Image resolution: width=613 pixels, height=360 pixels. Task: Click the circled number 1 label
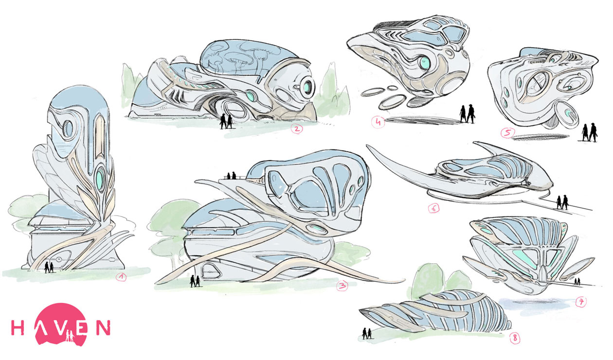(x=121, y=277)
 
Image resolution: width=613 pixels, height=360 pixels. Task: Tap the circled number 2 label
(x=297, y=128)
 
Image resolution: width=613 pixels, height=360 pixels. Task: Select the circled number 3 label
(x=343, y=286)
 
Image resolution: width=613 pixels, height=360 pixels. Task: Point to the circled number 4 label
(x=378, y=122)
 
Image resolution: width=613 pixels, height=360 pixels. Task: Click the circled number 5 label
(x=507, y=133)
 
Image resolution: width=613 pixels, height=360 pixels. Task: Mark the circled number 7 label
(x=581, y=302)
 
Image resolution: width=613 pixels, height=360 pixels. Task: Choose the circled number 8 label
(x=515, y=339)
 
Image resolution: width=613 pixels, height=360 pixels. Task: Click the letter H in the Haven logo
(x=18, y=328)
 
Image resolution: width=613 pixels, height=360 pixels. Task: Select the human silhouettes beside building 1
(x=49, y=267)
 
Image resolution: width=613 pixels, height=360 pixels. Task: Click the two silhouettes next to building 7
(x=577, y=282)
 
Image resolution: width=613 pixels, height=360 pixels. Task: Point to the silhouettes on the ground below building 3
(x=195, y=281)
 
